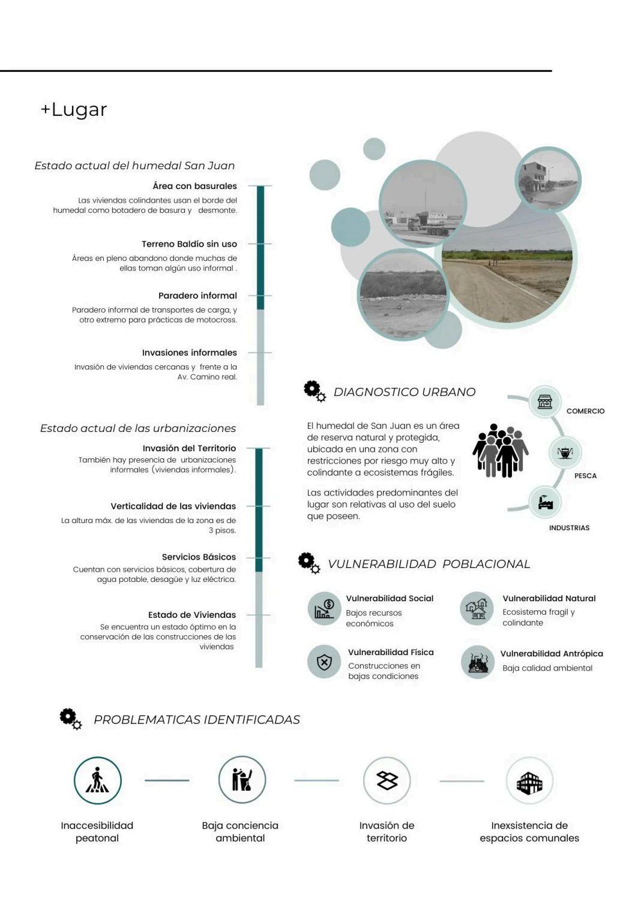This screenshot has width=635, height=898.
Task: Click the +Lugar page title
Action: tap(74, 110)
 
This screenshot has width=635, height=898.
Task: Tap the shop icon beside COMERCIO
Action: tap(545, 401)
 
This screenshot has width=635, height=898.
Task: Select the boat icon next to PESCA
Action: tap(565, 453)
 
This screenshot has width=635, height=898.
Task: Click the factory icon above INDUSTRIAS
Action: tap(546, 502)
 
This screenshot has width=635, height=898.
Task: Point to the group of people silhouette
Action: tap(500, 451)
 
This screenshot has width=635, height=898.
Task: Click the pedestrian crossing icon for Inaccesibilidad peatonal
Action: tap(97, 780)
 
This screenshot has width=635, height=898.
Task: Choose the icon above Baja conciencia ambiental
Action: tap(242, 780)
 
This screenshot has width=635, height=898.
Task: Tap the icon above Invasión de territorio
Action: tap(387, 780)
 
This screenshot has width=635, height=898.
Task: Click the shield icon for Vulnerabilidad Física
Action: tap(324, 662)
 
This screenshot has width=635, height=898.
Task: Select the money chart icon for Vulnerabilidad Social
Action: tap(324, 609)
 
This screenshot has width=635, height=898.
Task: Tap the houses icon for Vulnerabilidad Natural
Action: tap(477, 608)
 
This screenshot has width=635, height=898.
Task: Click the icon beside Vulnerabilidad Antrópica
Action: tap(478, 662)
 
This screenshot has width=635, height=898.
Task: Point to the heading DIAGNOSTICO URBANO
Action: tap(404, 392)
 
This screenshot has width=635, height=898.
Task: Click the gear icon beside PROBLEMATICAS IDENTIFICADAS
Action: tap(70, 718)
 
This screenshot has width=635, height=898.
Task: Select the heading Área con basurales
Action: tap(194, 186)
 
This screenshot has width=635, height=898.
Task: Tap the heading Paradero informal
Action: tap(197, 296)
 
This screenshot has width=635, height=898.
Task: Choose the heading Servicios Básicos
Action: tap(199, 557)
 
